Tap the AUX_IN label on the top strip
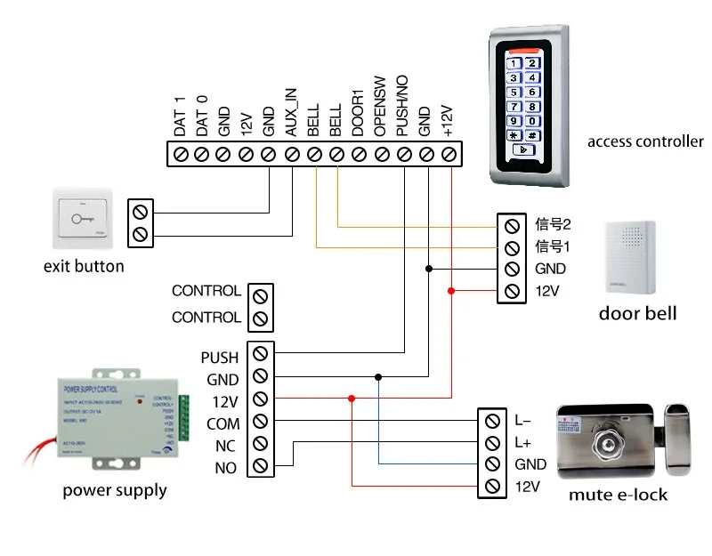click(x=290, y=110)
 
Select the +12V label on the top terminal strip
click(x=448, y=118)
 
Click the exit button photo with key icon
click(x=84, y=219)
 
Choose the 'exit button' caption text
click(x=84, y=266)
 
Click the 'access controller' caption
click(x=645, y=141)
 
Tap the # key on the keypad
click(x=531, y=136)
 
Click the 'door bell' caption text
click(x=637, y=313)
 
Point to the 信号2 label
click(x=552, y=223)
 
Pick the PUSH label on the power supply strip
click(x=220, y=358)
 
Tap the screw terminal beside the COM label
click(x=260, y=422)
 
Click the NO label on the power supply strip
click(x=227, y=466)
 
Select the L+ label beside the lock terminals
click(x=523, y=441)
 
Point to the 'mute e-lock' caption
click(x=618, y=495)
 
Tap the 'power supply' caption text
click(x=115, y=490)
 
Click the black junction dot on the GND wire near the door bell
click(x=428, y=268)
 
